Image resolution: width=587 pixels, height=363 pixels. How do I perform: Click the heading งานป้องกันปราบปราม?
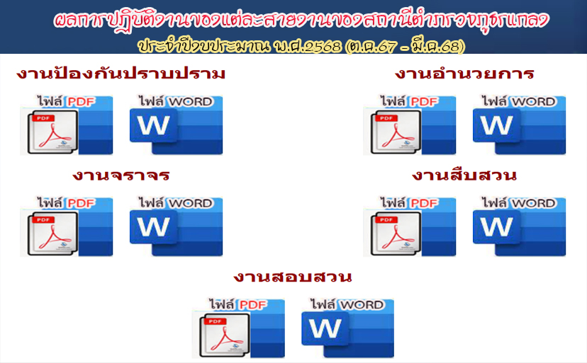(x=121, y=74)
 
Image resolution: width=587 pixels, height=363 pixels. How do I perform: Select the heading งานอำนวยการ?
(x=464, y=74)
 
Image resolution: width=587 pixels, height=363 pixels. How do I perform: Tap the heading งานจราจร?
(x=121, y=175)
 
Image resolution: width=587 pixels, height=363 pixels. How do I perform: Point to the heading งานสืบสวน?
(x=464, y=175)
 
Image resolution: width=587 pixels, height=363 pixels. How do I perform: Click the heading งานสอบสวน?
(x=293, y=277)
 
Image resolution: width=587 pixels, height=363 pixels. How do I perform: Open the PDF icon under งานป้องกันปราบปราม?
(x=66, y=125)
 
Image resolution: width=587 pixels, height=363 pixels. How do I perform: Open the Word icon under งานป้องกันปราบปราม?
(x=176, y=125)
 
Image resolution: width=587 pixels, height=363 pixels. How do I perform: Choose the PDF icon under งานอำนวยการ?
(x=410, y=125)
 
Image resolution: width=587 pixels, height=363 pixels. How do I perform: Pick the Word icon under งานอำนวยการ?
(x=519, y=125)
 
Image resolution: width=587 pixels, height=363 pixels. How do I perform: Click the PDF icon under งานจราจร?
(x=66, y=226)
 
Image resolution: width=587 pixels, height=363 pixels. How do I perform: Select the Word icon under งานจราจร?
(x=176, y=226)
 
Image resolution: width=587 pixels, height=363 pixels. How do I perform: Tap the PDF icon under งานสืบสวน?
(x=410, y=226)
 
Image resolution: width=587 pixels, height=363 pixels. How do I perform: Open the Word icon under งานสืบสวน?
(x=519, y=226)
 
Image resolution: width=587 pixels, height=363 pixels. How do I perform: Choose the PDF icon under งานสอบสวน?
(x=238, y=328)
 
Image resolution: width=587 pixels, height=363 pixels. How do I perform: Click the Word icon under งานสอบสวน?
(x=348, y=328)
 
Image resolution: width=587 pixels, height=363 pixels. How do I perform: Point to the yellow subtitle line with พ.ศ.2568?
(x=301, y=46)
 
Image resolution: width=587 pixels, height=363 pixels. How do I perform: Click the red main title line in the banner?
(x=301, y=21)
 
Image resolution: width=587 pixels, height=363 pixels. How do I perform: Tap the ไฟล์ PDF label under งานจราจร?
(x=66, y=203)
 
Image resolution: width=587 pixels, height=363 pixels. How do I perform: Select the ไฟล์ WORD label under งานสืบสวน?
(x=518, y=203)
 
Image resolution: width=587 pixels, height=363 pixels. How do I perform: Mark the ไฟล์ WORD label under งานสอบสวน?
(x=347, y=305)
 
